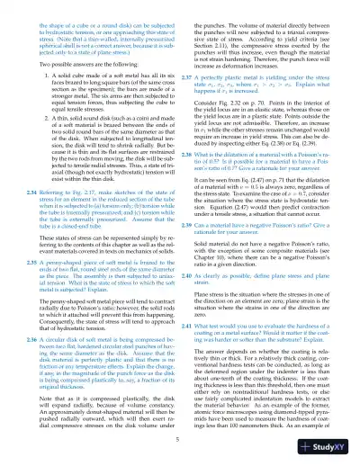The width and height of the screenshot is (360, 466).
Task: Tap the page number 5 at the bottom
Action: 180,438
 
